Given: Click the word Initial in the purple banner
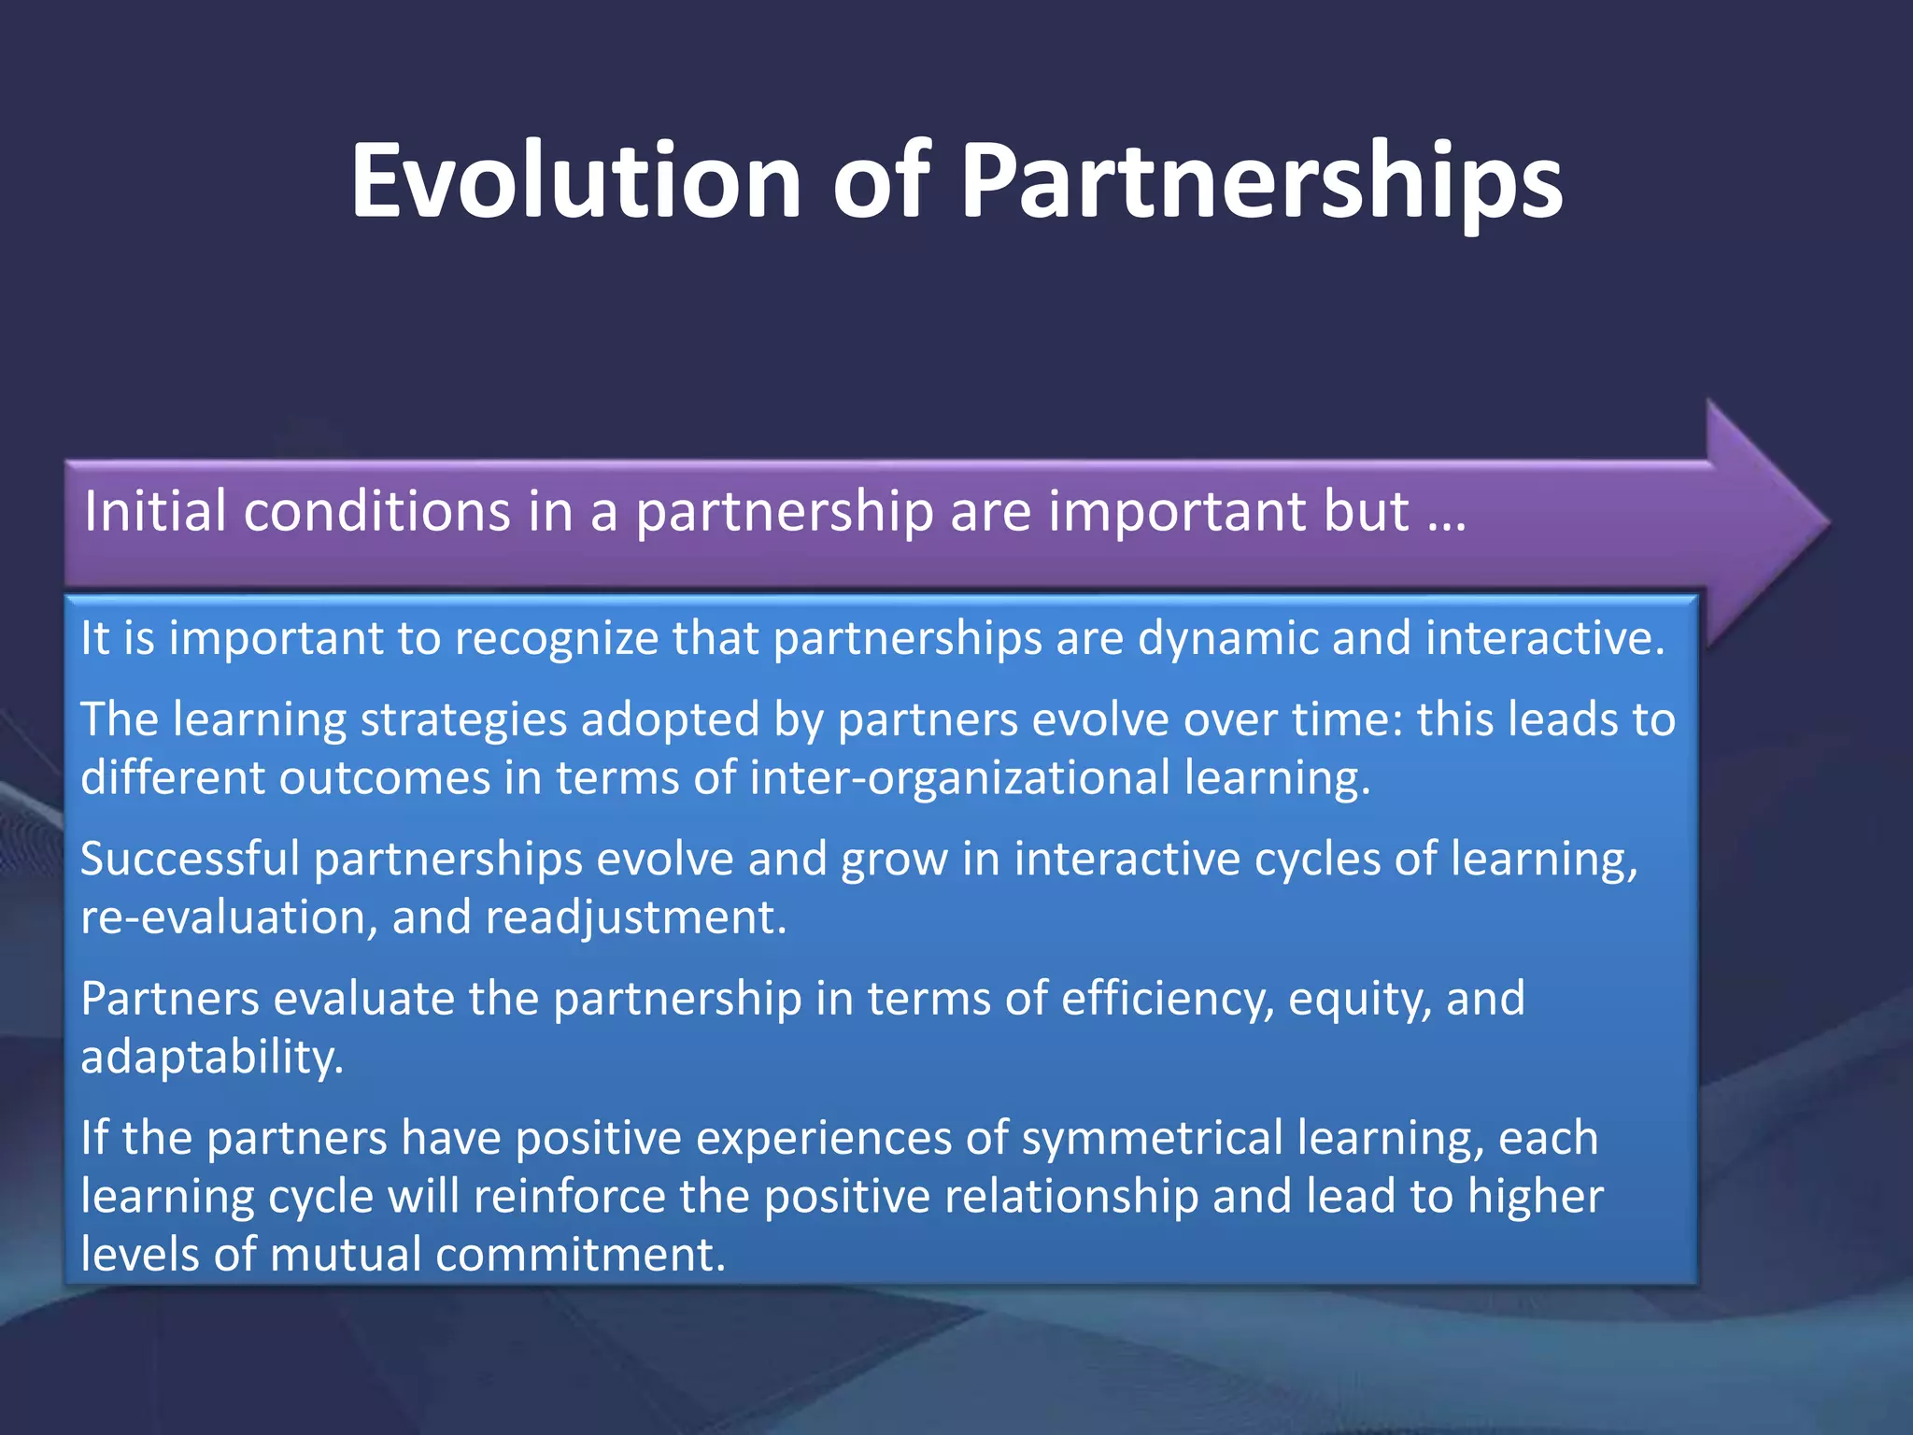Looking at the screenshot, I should tap(155, 512).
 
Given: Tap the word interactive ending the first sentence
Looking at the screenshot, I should tap(1545, 639).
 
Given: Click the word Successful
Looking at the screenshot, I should tap(190, 860).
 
